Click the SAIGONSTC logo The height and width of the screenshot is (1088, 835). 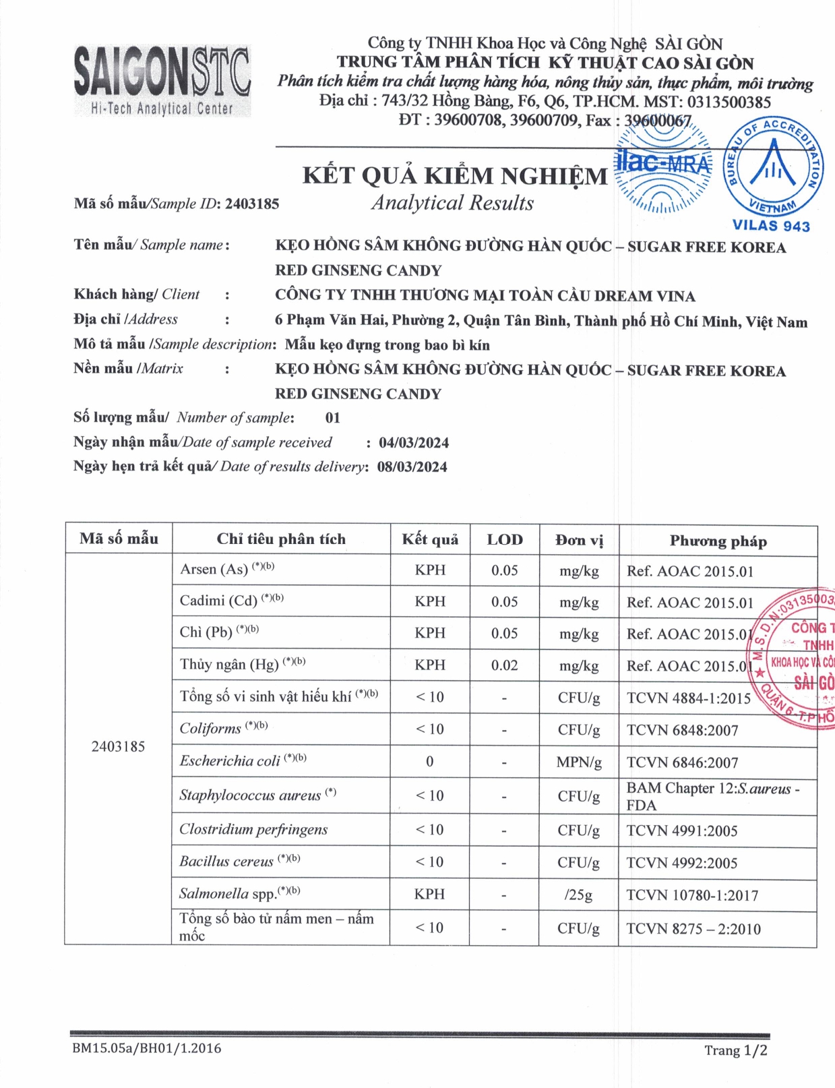click(x=162, y=80)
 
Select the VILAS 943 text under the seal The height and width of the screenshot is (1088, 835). click(x=771, y=226)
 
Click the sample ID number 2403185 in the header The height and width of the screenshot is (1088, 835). click(x=252, y=204)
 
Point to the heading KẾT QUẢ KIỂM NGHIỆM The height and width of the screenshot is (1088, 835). click(x=455, y=175)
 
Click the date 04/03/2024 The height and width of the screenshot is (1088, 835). click(x=413, y=443)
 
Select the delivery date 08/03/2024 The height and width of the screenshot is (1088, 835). click(x=412, y=467)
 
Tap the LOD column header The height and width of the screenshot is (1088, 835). click(x=505, y=539)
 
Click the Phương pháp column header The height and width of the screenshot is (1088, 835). click(x=718, y=541)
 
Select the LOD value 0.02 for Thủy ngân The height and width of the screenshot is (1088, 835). click(x=504, y=665)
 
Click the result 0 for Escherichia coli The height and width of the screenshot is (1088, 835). click(x=430, y=762)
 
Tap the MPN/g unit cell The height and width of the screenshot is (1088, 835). click(x=579, y=762)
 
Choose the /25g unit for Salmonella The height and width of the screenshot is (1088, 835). click(x=578, y=895)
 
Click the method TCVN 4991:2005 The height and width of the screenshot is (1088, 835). click(x=682, y=830)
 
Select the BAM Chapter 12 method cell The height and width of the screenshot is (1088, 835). click(x=712, y=796)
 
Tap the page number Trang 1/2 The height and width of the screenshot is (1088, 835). click(x=735, y=1050)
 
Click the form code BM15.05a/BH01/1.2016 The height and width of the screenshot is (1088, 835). click(x=146, y=1048)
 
